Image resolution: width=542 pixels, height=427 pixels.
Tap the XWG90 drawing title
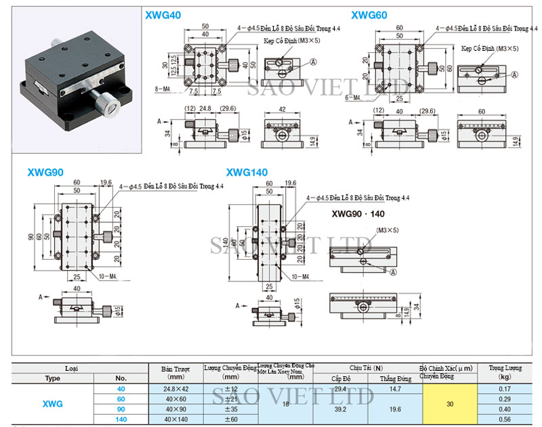click(x=46, y=173)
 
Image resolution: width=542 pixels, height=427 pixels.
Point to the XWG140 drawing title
click(x=247, y=173)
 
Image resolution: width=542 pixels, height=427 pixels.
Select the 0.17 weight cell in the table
click(x=504, y=389)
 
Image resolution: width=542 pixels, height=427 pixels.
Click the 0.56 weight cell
click(x=504, y=420)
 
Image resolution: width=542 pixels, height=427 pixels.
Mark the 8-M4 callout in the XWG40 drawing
click(x=163, y=89)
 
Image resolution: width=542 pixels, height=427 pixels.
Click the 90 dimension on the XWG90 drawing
click(x=30, y=236)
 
